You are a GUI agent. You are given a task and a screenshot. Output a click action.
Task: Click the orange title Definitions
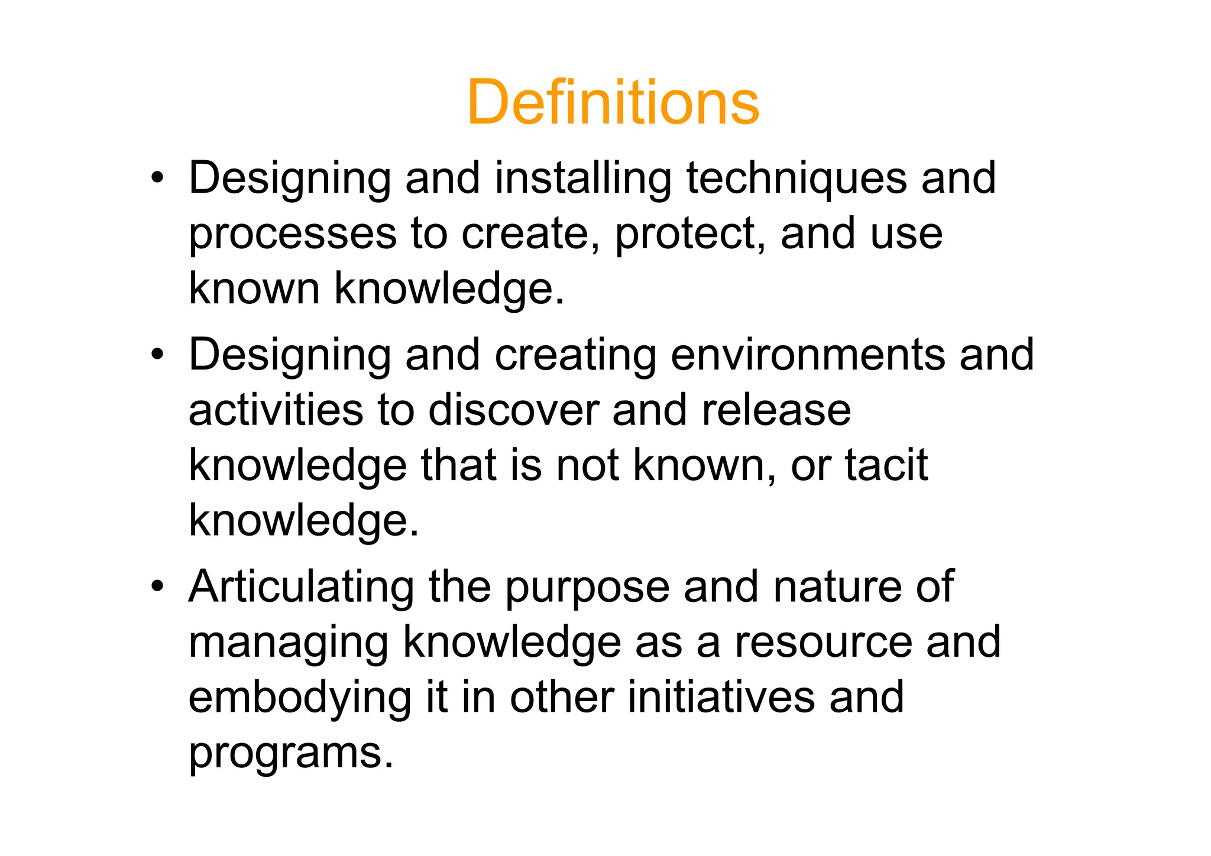click(613, 103)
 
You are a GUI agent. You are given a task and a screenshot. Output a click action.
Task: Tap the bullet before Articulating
click(157, 586)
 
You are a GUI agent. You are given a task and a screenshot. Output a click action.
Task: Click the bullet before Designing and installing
click(157, 178)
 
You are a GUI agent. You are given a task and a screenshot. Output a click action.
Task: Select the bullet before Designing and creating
click(157, 355)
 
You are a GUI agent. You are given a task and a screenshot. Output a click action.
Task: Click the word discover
click(513, 410)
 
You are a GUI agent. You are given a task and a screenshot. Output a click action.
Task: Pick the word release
click(776, 410)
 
